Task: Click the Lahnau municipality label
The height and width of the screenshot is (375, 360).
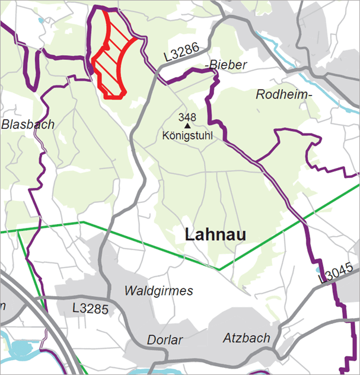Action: click(x=215, y=234)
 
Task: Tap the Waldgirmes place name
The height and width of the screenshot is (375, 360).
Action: click(x=159, y=291)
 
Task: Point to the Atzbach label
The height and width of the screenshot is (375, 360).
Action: click(x=247, y=338)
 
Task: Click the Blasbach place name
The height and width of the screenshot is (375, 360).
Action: click(x=28, y=125)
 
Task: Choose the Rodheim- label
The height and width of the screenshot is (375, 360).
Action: click(x=284, y=94)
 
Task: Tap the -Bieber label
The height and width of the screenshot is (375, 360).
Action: click(x=225, y=65)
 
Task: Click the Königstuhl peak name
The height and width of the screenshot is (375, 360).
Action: click(x=187, y=136)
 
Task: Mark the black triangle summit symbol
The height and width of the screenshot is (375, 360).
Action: click(x=187, y=125)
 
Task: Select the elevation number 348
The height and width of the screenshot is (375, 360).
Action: click(x=187, y=117)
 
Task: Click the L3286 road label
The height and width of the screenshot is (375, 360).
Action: click(x=182, y=55)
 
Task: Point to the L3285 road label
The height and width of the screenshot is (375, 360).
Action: click(x=89, y=309)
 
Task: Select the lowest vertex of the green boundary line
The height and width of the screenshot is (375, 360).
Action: click(x=219, y=270)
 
